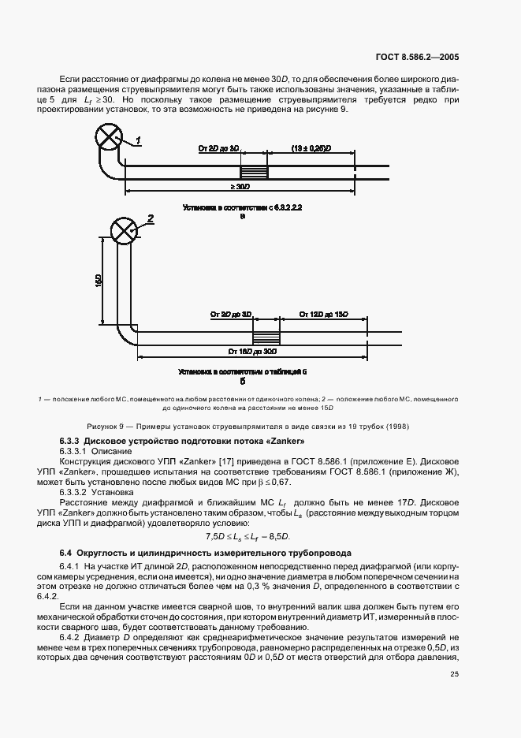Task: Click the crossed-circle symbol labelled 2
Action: pyautogui.click(x=122, y=230)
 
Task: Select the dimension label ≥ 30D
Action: pyautogui.click(x=240, y=186)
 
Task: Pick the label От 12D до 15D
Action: pyautogui.click(x=324, y=315)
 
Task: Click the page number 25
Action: pyautogui.click(x=455, y=674)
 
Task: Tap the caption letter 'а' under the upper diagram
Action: pyautogui.click(x=242, y=214)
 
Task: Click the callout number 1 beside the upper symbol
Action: pyautogui.click(x=137, y=140)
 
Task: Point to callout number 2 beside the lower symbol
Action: pyautogui.click(x=150, y=218)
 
